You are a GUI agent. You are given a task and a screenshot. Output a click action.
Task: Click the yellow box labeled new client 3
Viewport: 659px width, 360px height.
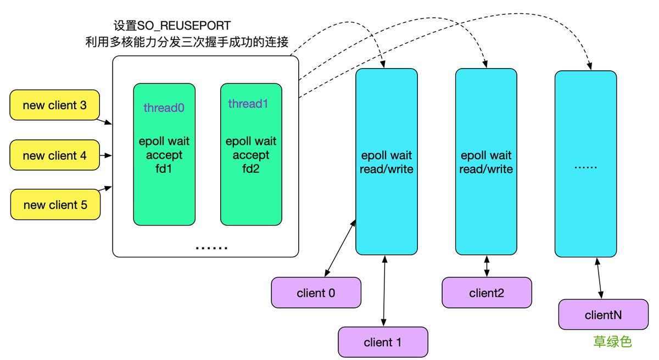pos(55,105)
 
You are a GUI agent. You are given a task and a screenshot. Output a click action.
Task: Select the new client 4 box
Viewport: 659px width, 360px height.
pos(55,155)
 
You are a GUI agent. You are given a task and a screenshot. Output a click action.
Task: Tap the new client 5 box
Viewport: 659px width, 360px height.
pos(55,205)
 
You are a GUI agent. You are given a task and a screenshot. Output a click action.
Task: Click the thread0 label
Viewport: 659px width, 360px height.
pos(164,108)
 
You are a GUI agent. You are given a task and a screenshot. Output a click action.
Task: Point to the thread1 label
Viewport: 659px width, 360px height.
pos(248,104)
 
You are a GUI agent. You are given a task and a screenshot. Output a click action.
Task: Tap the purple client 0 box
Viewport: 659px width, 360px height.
pos(316,292)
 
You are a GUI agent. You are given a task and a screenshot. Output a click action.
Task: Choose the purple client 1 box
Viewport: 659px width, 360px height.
pos(382,342)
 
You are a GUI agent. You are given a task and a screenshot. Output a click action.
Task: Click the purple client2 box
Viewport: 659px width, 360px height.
pos(487,292)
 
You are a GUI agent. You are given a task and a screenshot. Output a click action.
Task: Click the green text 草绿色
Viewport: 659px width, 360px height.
pos(612,342)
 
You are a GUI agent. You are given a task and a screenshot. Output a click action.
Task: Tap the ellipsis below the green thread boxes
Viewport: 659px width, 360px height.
pos(211,248)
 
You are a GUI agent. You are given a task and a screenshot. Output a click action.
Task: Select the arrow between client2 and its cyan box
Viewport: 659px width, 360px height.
pos(487,266)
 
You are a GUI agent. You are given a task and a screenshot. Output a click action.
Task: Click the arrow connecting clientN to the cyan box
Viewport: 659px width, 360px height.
pos(600,278)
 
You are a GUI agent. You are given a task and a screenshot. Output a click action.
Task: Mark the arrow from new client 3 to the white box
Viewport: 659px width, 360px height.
pos(105,120)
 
